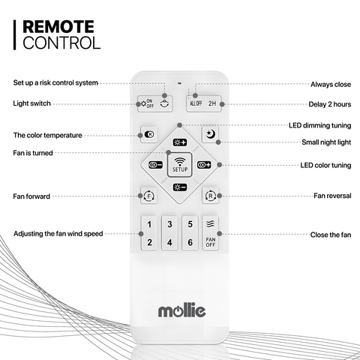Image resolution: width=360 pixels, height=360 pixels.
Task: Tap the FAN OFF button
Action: click(x=211, y=233)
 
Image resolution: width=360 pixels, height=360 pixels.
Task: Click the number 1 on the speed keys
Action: click(x=149, y=224)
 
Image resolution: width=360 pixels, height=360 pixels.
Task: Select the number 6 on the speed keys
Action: click(x=190, y=242)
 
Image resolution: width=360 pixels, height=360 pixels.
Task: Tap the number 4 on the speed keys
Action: click(x=169, y=242)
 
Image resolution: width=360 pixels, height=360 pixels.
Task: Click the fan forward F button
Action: click(x=149, y=196)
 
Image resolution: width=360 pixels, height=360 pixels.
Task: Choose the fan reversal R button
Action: click(x=211, y=196)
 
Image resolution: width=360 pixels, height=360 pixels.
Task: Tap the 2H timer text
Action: click(x=212, y=103)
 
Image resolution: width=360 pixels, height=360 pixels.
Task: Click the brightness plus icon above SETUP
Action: click(x=180, y=142)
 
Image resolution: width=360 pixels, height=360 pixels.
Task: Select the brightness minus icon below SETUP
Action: click(x=180, y=187)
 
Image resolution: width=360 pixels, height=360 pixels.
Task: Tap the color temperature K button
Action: click(x=149, y=134)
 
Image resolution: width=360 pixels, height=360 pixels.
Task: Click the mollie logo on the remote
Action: click(x=181, y=310)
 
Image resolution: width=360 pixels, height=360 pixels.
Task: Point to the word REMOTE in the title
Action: click(x=58, y=27)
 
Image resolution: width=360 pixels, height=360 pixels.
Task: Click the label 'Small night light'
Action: click(x=326, y=142)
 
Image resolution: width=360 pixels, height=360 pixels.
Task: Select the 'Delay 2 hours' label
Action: click(x=330, y=104)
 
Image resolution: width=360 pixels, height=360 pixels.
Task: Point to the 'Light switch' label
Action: click(x=31, y=103)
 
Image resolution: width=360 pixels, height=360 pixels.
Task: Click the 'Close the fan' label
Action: click(x=331, y=235)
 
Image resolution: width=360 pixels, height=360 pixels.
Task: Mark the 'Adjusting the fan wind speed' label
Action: click(x=58, y=234)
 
